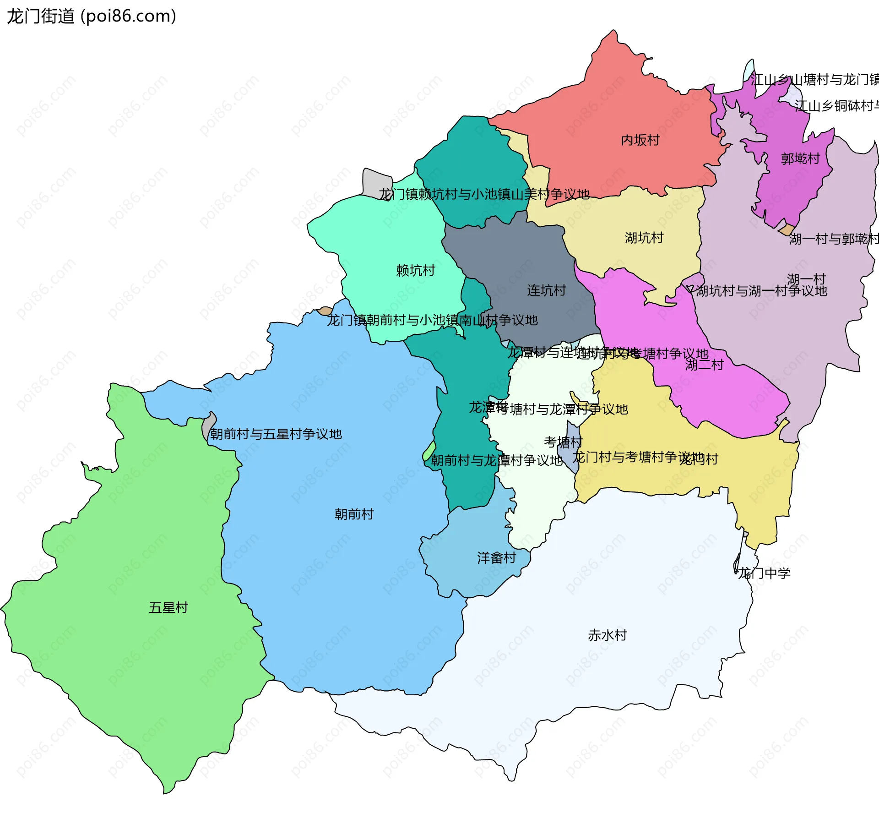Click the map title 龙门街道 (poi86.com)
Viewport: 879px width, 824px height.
tap(92, 16)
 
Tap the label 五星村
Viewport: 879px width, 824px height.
tap(168, 608)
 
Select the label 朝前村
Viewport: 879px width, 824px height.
tap(354, 514)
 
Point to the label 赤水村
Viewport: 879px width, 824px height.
tap(607, 635)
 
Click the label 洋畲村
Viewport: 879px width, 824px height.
tap(496, 558)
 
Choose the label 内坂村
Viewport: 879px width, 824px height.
tap(640, 140)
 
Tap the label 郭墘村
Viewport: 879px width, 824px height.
tap(800, 159)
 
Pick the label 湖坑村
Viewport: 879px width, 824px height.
tap(644, 238)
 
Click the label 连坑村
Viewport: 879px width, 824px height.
tap(546, 290)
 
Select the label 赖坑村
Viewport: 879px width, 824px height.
tap(415, 271)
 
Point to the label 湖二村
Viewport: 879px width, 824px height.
tap(704, 365)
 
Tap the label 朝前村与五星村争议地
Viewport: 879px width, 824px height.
tap(276, 434)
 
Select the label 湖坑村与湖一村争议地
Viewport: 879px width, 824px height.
tap(761, 291)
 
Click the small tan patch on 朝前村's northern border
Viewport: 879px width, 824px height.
tap(325, 311)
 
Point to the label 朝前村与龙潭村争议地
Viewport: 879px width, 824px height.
tap(496, 461)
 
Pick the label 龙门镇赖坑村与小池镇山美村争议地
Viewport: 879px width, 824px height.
tap(484, 195)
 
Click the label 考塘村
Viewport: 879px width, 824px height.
tap(563, 442)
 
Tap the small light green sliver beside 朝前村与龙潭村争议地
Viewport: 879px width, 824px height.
tap(429, 451)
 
